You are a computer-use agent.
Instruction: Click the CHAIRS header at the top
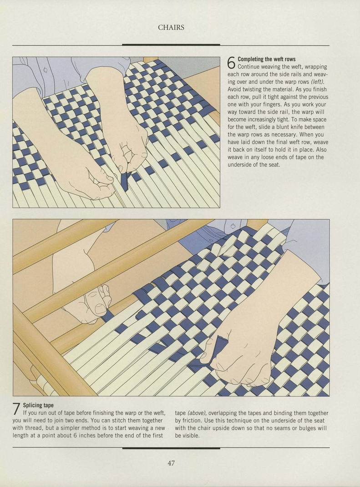171,27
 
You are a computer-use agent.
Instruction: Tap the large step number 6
231,63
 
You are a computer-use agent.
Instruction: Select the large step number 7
17,409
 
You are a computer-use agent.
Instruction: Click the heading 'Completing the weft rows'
267,59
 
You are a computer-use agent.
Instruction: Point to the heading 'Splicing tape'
38,406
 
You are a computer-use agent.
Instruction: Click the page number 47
171,463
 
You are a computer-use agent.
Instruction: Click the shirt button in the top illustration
46,70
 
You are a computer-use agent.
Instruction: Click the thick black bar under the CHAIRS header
171,45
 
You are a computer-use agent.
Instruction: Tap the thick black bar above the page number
171,448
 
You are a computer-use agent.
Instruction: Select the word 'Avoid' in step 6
234,90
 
